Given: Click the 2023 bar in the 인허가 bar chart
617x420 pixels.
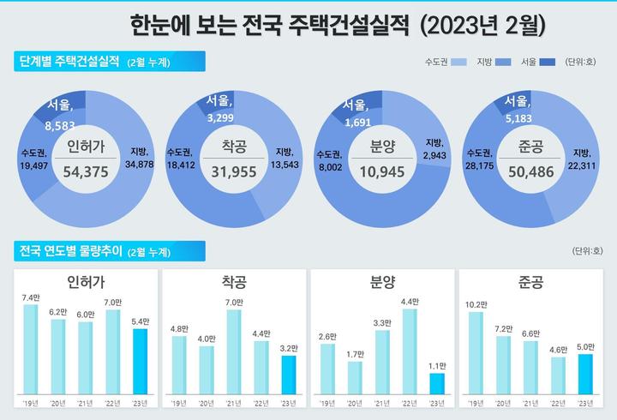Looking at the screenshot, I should (141, 361).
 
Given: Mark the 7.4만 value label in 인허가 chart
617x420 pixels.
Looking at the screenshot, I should (31, 297).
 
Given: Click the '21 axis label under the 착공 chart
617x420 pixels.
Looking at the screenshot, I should (234, 403).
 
